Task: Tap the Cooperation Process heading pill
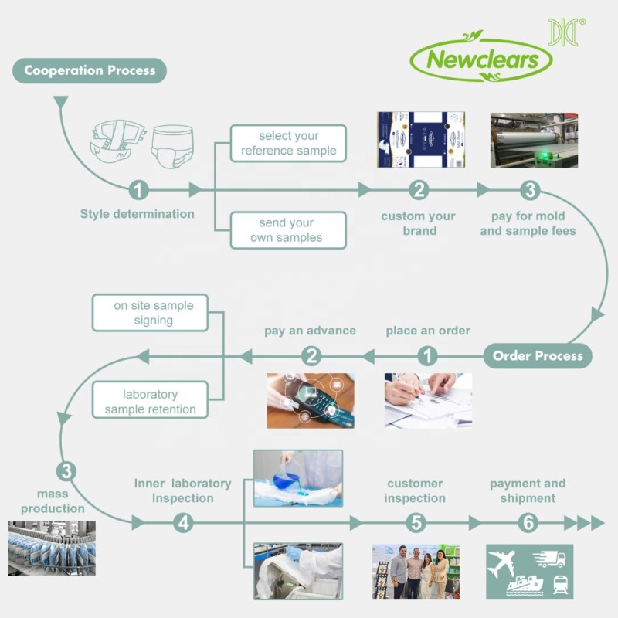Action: [90, 71]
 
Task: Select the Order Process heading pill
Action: [538, 356]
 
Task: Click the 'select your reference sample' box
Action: [288, 143]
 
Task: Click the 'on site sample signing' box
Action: [153, 313]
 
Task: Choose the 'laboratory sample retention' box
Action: [150, 402]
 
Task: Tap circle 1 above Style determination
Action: [138, 190]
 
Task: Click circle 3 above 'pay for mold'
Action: [528, 190]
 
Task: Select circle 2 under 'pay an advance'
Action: [311, 356]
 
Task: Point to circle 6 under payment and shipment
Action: [528, 523]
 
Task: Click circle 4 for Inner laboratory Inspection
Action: [183, 523]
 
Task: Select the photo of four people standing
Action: [416, 572]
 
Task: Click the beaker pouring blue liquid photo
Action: [298, 478]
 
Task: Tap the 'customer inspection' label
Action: [416, 491]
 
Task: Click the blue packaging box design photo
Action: [422, 140]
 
